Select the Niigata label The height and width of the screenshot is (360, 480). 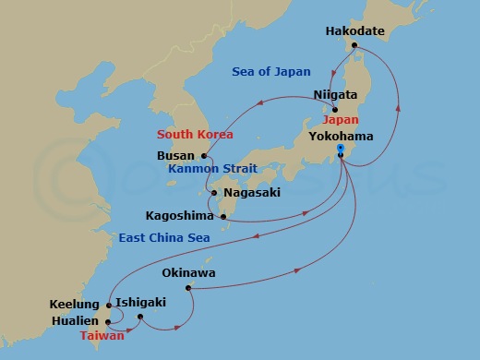(336, 94)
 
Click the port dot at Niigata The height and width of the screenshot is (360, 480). (334, 109)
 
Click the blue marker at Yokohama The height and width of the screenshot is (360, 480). (341, 148)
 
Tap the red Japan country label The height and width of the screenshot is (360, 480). (341, 120)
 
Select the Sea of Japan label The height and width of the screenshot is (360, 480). (272, 72)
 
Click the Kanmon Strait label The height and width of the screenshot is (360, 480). (212, 170)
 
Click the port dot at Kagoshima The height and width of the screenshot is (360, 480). (223, 217)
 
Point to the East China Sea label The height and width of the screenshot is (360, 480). (162, 238)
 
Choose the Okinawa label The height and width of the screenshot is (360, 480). (188, 273)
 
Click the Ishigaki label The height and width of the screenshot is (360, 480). (143, 301)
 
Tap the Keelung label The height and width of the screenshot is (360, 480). (75, 304)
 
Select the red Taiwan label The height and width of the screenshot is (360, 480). (102, 336)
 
